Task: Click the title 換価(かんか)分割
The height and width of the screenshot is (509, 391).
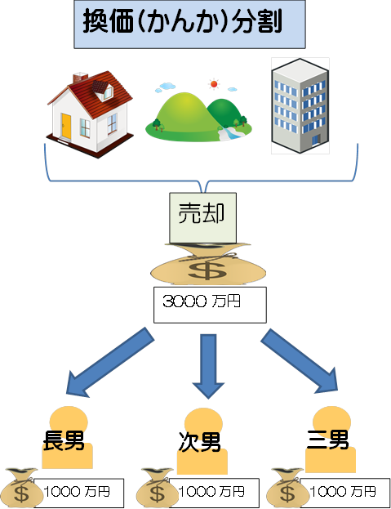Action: pos(182,21)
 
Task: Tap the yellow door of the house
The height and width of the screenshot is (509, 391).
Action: pos(66,126)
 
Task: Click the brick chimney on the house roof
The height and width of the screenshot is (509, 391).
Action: pos(80,78)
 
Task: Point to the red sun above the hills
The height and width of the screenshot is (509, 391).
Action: pos(214,84)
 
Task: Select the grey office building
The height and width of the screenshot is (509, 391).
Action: pos(300,105)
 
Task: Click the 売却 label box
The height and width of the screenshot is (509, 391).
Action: pos(202,218)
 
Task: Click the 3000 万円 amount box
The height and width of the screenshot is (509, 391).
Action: pos(210,305)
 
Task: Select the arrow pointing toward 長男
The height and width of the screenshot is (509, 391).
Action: pos(109,362)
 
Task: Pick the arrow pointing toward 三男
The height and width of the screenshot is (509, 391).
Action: pos(300,361)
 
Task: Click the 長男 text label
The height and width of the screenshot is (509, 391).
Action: pos(64,440)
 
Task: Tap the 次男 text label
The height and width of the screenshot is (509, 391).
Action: pos(199,441)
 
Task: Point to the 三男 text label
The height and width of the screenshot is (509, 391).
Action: pos(327,440)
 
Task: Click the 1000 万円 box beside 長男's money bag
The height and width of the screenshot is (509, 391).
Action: pos(79,493)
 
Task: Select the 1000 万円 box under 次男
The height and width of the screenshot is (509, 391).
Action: pos(214,493)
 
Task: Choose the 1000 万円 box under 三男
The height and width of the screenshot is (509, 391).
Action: pos(345,493)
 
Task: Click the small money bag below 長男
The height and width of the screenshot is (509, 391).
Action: pos(21,488)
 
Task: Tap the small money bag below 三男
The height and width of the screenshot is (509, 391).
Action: pos(287,488)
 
